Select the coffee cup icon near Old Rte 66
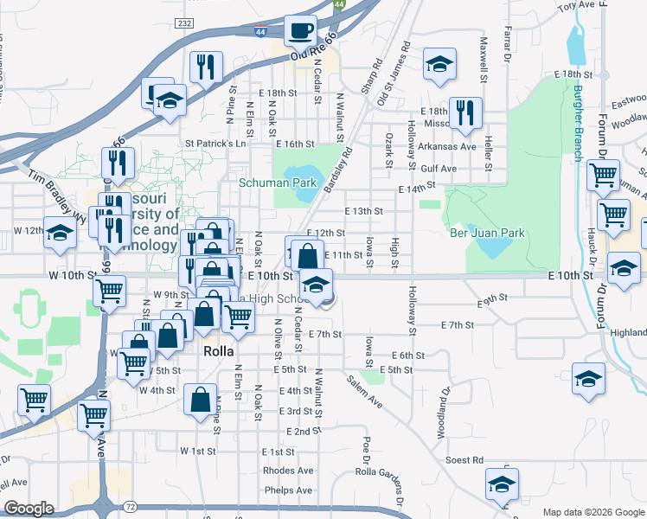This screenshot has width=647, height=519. [x=300, y=31]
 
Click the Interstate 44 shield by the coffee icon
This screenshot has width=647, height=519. [x=260, y=31]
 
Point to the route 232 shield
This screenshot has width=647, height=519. [x=183, y=22]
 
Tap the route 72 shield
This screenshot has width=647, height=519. [x=129, y=503]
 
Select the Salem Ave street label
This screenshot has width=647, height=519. [x=365, y=386]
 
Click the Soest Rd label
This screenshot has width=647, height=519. [x=465, y=460]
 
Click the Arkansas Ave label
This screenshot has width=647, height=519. [x=449, y=146]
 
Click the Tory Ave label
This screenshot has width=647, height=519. [x=577, y=6]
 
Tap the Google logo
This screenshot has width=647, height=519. [x=29, y=509]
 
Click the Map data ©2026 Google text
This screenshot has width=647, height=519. [x=593, y=512]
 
